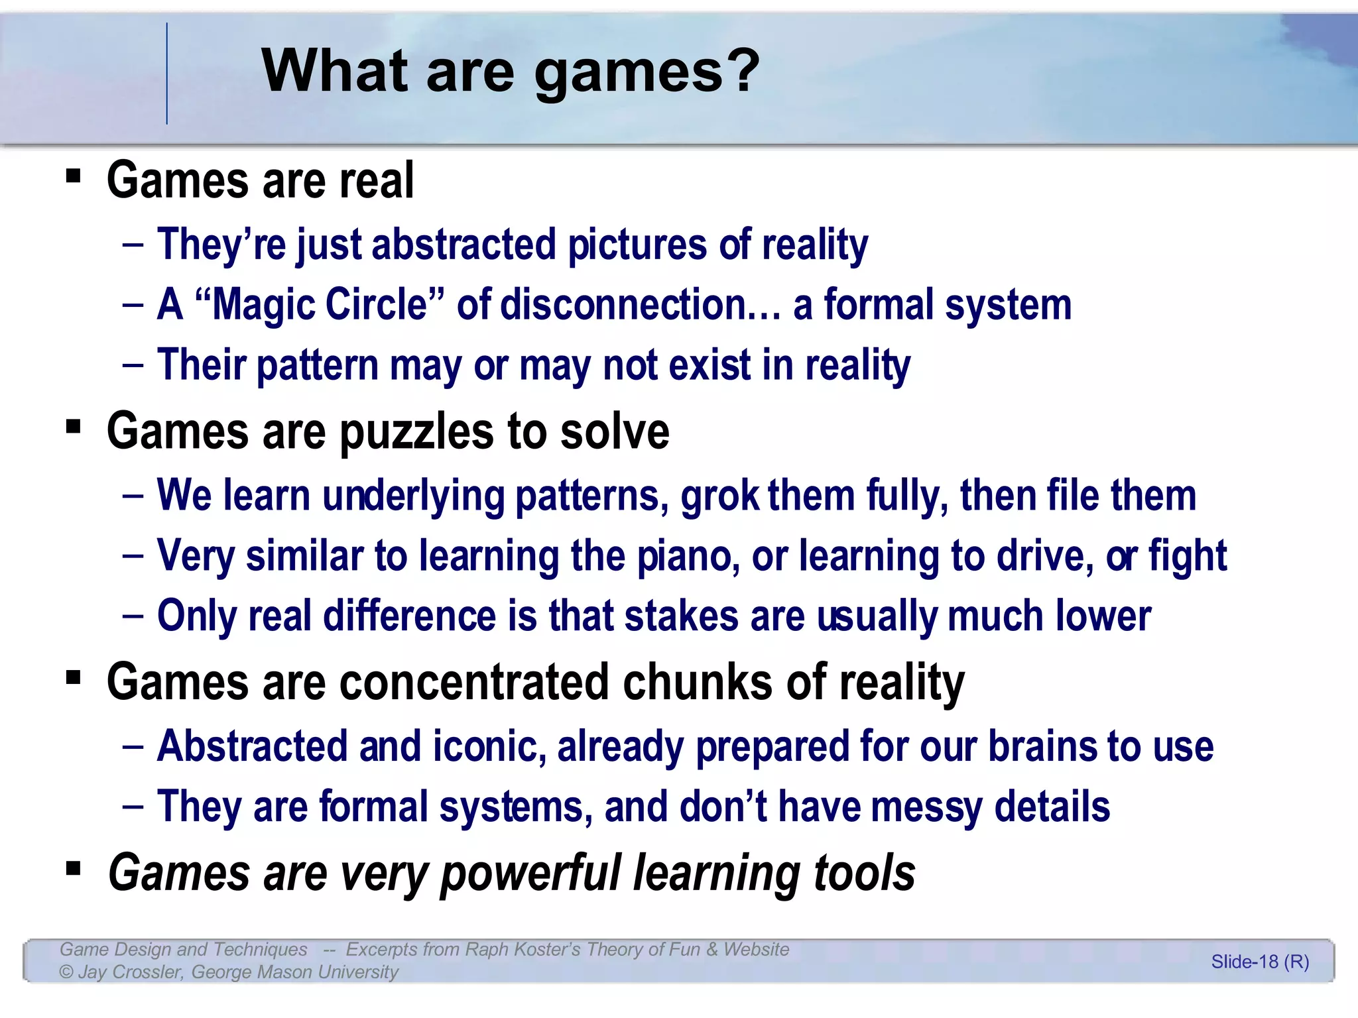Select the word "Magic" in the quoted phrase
tap(263, 305)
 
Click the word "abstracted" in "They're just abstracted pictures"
tap(463, 245)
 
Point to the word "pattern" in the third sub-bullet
tap(317, 365)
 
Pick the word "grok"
tap(719, 496)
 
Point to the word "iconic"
tap(489, 746)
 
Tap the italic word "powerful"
tap(530, 874)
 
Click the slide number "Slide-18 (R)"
tap(1260, 962)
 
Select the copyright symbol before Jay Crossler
tap(66, 972)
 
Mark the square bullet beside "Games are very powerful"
tap(74, 868)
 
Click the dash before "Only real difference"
tap(133, 616)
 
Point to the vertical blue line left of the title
tap(167, 73)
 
